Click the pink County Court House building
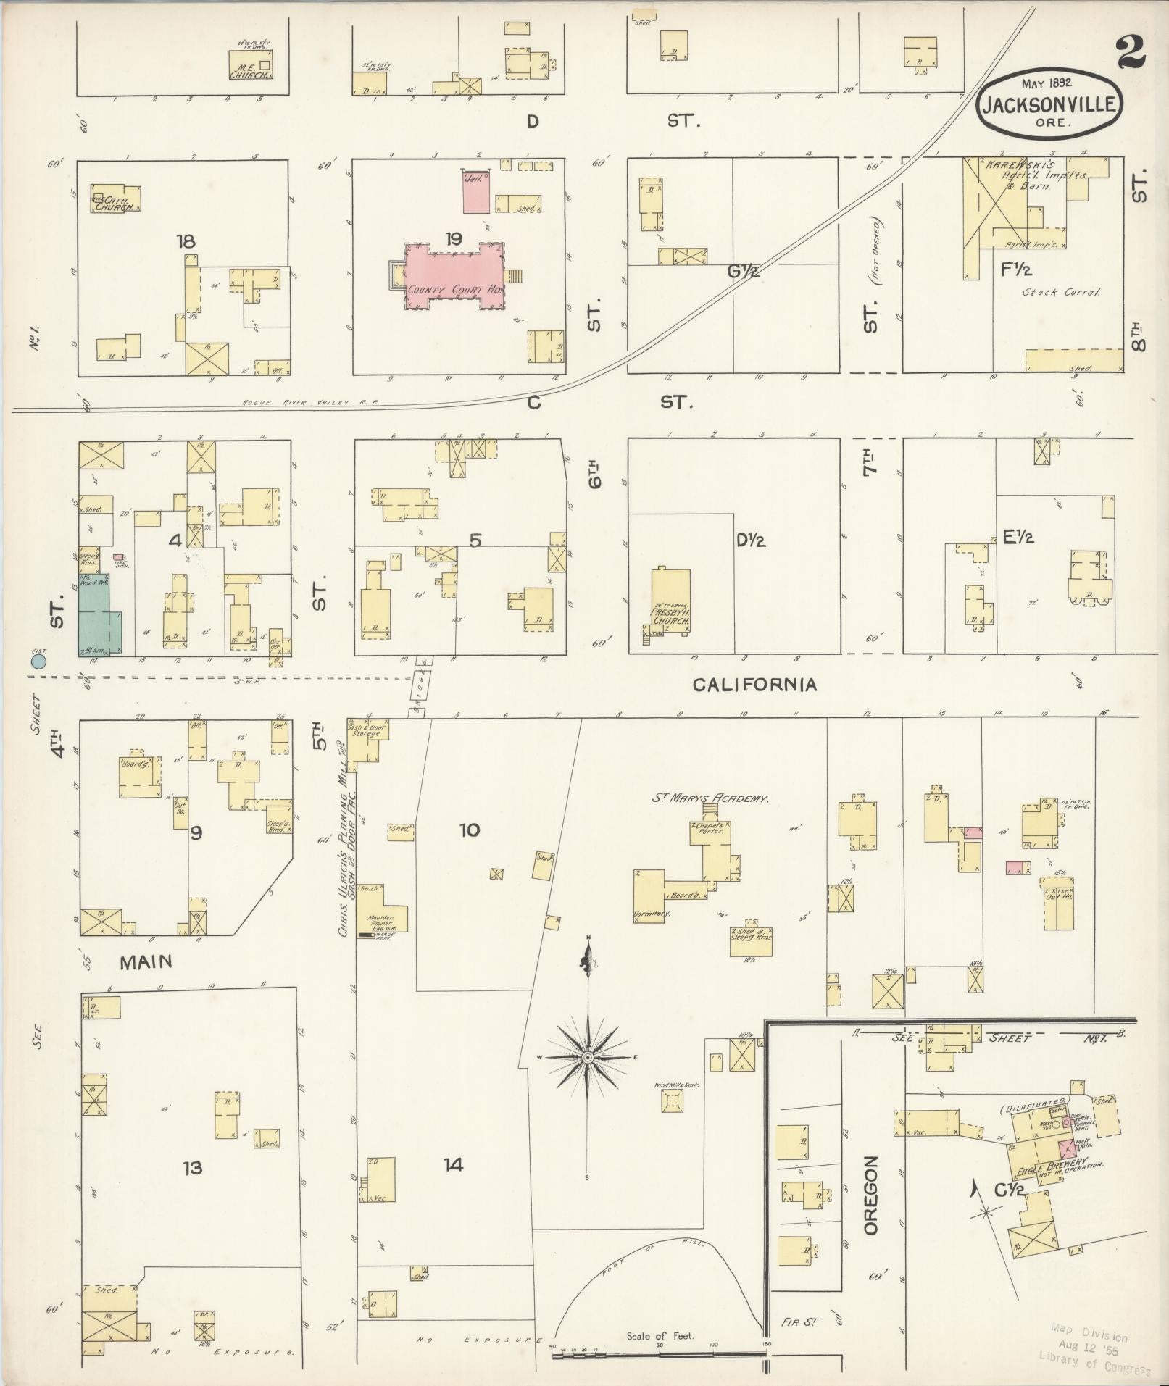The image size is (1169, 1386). tap(453, 279)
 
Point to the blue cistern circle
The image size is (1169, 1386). tap(38, 661)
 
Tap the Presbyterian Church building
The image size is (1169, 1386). tap(670, 600)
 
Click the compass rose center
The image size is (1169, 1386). tap(588, 1059)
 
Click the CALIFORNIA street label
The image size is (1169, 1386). tap(754, 685)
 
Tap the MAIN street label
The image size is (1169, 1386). tap(146, 961)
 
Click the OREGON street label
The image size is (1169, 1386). tap(870, 1195)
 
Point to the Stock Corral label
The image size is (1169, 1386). tap(1061, 293)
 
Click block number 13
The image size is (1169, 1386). tap(192, 1168)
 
